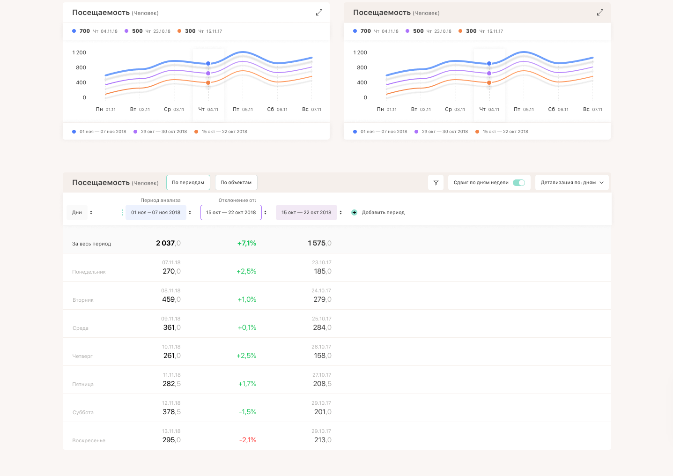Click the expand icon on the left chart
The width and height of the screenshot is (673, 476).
coord(319,13)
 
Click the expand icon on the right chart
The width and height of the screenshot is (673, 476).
coord(600,13)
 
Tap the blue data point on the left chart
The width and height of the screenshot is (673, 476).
coord(208,63)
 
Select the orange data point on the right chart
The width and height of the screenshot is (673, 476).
coord(489,83)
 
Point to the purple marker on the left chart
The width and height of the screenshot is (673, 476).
coord(208,73)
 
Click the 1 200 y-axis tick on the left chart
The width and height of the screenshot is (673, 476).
coord(79,52)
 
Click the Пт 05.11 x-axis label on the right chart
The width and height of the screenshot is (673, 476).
coord(524,110)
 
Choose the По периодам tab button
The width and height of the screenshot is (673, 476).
coord(188,183)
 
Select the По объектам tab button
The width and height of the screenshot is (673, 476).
coord(236,183)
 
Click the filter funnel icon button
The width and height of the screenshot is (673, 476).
coord(436,183)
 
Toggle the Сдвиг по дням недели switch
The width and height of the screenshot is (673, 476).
coord(518,183)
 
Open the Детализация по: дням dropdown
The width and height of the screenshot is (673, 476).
coord(572,183)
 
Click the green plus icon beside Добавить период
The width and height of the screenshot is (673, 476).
coord(354,213)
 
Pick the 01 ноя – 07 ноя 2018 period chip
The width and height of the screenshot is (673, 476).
coord(155,213)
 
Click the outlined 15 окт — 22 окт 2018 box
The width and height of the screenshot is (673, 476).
coord(231,213)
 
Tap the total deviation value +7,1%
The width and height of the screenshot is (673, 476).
coord(247,243)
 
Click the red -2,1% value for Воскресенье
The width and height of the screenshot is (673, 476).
coord(248,440)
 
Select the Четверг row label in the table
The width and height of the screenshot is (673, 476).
coord(82,356)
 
